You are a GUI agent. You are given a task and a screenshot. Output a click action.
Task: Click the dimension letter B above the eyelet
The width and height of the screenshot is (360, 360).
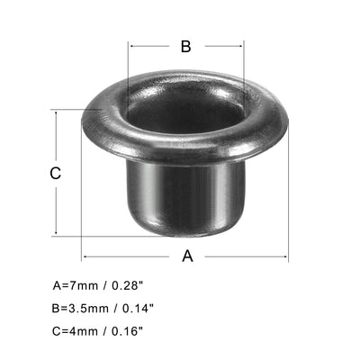[x=185, y=47]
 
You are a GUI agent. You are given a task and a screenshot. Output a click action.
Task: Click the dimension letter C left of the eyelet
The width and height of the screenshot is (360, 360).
[x=56, y=174]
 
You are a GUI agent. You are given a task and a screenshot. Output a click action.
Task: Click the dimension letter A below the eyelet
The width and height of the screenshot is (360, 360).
[x=187, y=256]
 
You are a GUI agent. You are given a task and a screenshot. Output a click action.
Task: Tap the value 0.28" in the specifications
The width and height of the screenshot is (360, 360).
[x=131, y=287]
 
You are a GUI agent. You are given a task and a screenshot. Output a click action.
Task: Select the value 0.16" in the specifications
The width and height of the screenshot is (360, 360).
[x=131, y=329]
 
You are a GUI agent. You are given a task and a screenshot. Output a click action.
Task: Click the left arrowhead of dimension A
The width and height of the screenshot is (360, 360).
[x=85, y=256]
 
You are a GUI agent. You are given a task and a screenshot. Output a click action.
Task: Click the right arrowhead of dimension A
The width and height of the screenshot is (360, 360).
[x=286, y=256]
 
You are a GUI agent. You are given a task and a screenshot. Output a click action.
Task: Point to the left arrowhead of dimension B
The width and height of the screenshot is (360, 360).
[x=132, y=47]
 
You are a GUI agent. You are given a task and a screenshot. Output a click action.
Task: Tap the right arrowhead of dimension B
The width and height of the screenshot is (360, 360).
[x=241, y=47]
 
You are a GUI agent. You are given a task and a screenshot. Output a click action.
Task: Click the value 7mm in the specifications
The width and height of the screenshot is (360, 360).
[x=79, y=287]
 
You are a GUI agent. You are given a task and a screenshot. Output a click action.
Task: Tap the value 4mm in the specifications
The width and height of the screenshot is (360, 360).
[x=79, y=329]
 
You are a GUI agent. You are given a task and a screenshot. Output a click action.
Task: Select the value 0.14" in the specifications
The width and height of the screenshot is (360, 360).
[x=139, y=308]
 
